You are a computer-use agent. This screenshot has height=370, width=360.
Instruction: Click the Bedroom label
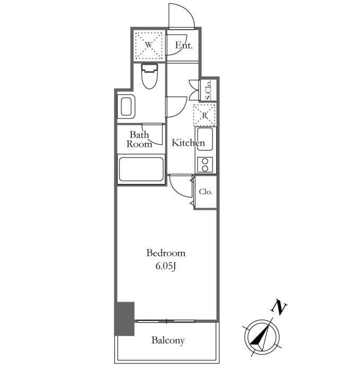pos(166,253)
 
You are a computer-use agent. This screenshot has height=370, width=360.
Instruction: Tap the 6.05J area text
pos(166,266)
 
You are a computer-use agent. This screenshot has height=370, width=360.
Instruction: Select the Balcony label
pos(168,340)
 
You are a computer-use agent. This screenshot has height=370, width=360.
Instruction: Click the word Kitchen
pos(188,142)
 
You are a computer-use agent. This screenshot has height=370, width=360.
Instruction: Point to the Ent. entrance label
pos(184,45)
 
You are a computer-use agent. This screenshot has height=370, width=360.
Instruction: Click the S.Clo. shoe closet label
pos(209,90)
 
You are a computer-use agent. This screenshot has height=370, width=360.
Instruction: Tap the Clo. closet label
pos(206,191)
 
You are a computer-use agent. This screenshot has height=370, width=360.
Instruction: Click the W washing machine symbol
pos(149,45)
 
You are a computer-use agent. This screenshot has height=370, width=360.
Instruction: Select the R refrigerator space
pos(204,115)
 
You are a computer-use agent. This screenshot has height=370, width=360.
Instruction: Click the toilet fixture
pos(150,76)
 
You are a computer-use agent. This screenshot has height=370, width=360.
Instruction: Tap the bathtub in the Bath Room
pos(141,170)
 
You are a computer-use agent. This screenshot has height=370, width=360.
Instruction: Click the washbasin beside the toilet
pos(126,107)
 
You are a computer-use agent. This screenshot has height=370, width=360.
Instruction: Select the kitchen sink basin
pos(205,139)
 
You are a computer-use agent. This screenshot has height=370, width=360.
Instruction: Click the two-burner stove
pos(205,165)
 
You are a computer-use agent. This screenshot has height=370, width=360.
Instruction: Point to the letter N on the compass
pos(279,307)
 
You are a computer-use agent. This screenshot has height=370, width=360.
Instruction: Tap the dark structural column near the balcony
pos(124,318)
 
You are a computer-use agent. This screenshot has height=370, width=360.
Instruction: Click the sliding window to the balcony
pos(166,321)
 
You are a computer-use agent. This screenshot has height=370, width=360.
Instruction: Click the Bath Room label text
pos(139,139)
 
